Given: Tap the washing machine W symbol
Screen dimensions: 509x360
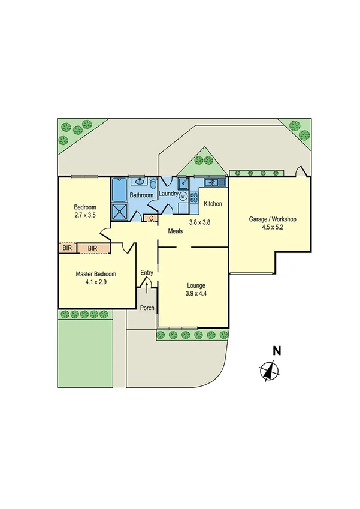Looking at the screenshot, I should [183, 195].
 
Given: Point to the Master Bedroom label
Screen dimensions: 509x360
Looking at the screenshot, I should [96, 274].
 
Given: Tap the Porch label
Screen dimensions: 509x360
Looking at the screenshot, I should [147, 308].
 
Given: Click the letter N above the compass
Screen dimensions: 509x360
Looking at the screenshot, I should [277, 351].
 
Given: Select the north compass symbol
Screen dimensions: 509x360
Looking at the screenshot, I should [270, 372].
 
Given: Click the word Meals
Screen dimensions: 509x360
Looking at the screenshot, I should [175, 231].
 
